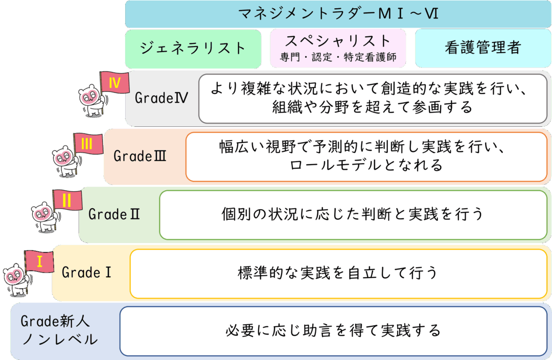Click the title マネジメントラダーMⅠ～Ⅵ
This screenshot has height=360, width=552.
coord(338,14)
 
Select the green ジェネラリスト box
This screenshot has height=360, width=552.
coord(193,49)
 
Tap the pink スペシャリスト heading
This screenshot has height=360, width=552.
coord(338,40)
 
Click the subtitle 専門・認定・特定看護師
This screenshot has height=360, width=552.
coord(338,57)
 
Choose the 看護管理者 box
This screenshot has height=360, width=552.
coord(482,49)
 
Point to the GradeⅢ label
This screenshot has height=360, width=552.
coord(140,156)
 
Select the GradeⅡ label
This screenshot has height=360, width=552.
coord(114,214)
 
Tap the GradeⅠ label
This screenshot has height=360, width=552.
coord(86,273)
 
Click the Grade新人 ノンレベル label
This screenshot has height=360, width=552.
coord(59,330)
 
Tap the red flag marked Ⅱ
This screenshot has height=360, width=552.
coord(66,200)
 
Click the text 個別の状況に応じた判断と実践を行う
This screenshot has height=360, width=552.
coord(353,214)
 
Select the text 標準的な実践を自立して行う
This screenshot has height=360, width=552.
coord(338,273)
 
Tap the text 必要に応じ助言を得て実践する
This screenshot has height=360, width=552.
coord(333,330)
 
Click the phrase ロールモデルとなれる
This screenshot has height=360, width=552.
coord(366,165)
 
